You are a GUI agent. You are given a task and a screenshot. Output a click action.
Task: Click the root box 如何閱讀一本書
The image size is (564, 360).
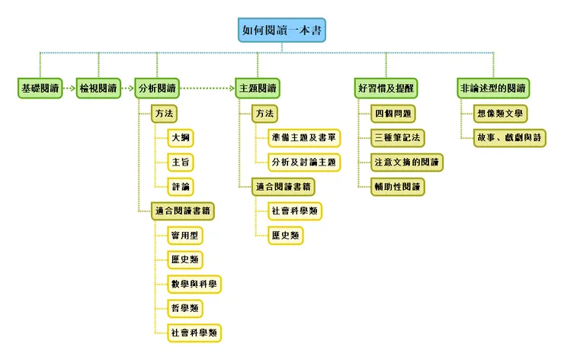[282, 31]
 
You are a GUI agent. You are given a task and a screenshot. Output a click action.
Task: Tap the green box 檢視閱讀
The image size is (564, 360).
[98, 88]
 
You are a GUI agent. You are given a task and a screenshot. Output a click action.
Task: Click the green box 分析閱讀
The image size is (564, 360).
[158, 88]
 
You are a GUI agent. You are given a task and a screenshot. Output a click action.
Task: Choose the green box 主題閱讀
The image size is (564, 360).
[258, 88]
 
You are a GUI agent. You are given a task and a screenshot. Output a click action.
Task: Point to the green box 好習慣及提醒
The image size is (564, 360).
[385, 88]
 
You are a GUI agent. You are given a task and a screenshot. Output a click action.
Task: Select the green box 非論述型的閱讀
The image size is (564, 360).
[493, 88]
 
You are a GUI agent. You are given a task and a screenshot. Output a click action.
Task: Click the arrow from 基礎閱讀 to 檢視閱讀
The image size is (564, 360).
[68, 88]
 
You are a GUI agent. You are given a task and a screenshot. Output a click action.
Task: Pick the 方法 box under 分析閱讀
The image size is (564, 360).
[164, 113]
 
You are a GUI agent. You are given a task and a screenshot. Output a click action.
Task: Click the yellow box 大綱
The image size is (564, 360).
[181, 138]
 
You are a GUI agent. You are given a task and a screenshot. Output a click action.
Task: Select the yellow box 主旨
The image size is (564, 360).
[181, 162]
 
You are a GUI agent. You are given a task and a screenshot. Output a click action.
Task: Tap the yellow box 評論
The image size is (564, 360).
[181, 186]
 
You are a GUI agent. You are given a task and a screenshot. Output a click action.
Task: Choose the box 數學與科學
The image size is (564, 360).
[194, 284]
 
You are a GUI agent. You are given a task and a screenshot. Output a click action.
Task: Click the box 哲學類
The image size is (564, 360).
[185, 307]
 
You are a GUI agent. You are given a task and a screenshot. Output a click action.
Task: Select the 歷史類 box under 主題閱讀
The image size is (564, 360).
[285, 235]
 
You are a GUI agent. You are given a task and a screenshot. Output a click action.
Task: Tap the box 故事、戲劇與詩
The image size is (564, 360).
[509, 138]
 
